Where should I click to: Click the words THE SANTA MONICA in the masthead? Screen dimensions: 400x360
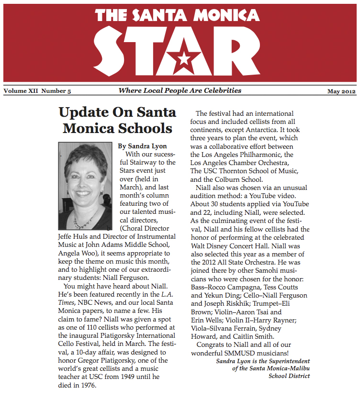pos(180,16)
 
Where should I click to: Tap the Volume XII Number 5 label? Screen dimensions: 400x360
pos(37,91)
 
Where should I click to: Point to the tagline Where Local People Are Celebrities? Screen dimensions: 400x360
pos(180,90)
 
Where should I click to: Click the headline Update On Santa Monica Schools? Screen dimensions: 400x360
pos(117,120)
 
